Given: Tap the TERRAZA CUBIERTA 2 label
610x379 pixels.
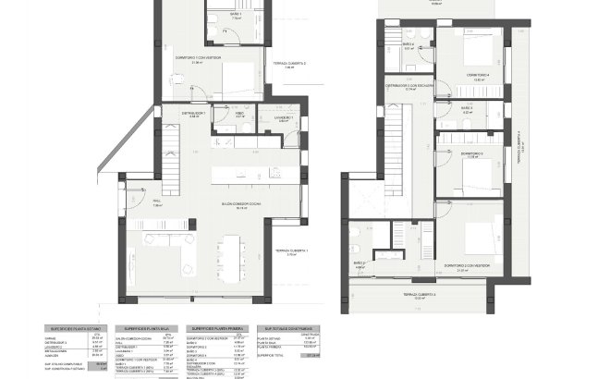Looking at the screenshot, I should point(290,64).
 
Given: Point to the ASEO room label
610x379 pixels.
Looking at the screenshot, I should point(239,115).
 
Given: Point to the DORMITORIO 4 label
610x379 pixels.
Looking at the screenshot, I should point(475,74).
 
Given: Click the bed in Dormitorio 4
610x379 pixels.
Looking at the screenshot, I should point(482,50).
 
